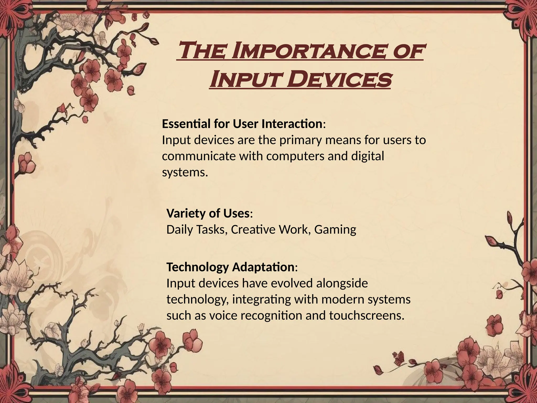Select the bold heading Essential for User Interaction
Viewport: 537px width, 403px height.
pos(242,124)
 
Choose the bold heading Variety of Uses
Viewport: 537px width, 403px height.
pos(208,213)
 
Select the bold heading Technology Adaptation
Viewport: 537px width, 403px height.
pos(230,267)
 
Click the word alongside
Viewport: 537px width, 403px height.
pos(342,283)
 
